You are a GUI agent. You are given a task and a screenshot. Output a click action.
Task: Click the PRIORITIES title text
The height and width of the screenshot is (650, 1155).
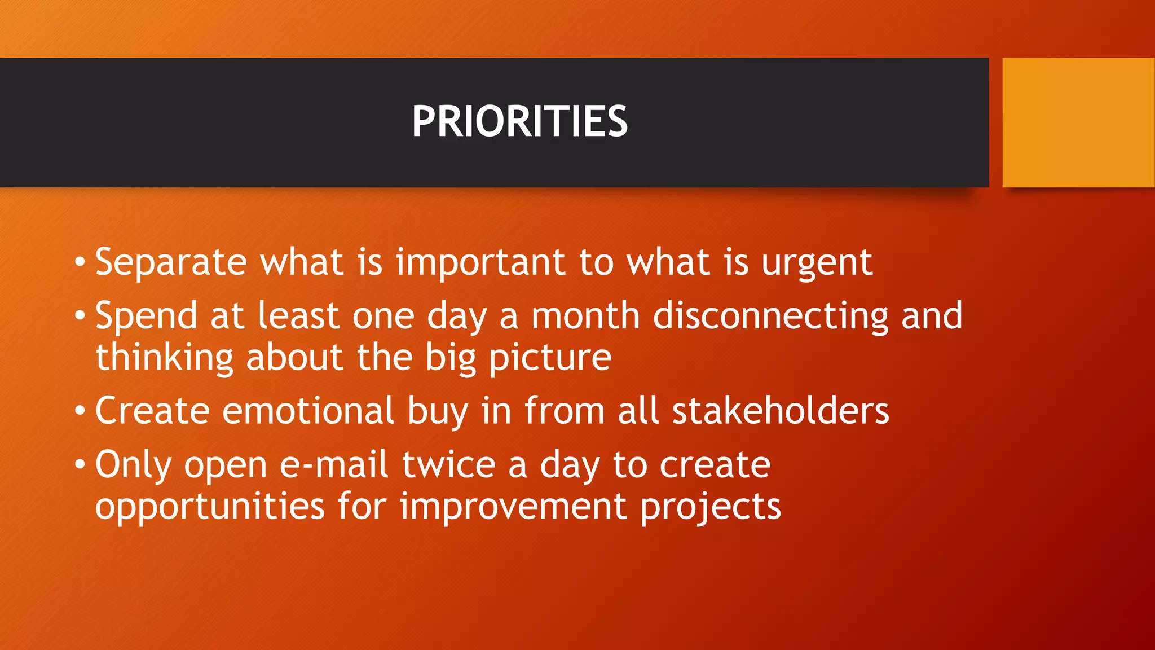tap(519, 122)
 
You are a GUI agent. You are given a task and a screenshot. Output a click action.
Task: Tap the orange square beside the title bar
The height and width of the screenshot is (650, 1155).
tap(1078, 122)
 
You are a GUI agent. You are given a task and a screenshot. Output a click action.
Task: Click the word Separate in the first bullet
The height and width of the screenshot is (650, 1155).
tap(171, 262)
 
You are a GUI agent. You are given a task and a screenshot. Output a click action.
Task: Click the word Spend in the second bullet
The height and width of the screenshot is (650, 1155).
tap(146, 316)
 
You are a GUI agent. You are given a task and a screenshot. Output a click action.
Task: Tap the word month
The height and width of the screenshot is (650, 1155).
tap(585, 315)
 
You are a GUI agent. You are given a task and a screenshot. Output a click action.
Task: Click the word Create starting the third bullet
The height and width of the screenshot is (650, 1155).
tap(152, 410)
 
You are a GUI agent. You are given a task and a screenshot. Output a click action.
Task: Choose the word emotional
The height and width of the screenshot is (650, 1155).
tap(308, 410)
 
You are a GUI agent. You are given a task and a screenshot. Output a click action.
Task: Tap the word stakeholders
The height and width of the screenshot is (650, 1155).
tap(781, 410)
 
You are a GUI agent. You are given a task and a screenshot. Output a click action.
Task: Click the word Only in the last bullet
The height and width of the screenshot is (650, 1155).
tap(133, 465)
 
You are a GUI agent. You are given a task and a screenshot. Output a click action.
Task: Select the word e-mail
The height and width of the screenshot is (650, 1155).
tap(334, 464)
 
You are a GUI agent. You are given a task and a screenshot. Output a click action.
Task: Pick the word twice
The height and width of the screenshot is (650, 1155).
tap(448, 464)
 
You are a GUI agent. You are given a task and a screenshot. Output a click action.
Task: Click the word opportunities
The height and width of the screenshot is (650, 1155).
tap(210, 507)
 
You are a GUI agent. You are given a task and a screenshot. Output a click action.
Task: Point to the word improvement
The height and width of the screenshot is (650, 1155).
tap(513, 507)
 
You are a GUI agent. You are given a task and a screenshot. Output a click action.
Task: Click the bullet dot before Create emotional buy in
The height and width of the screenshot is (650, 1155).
tap(80, 411)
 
